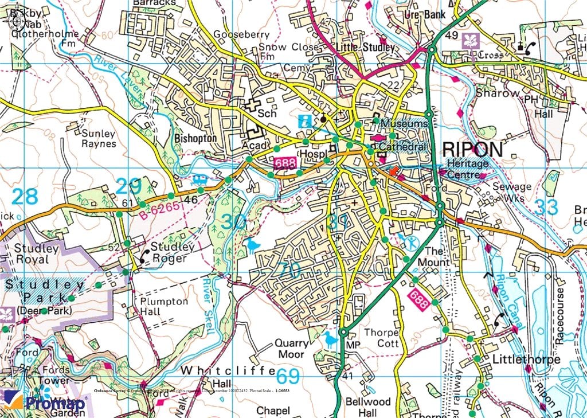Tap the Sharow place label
point(498,92)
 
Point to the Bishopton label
point(195,138)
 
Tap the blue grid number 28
point(25,196)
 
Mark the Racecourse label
point(560,315)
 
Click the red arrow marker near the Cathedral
point(393,170)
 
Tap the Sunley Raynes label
point(99,139)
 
